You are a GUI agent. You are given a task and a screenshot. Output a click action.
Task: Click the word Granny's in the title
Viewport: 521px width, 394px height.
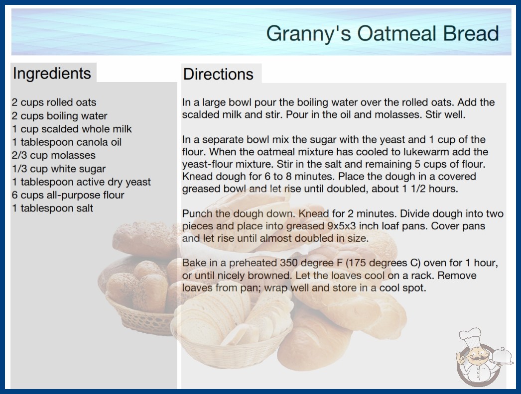pos(309,34)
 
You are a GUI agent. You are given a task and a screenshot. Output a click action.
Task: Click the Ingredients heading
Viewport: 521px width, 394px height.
pos(52,74)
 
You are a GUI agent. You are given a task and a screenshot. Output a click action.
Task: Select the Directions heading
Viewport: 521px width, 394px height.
pos(218,74)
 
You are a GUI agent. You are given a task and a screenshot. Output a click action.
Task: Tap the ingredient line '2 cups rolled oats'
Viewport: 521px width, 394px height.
pos(54,102)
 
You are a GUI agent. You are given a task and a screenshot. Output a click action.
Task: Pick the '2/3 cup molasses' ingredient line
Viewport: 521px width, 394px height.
pos(53,155)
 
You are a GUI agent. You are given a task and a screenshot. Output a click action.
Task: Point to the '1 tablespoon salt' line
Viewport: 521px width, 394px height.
pos(52,208)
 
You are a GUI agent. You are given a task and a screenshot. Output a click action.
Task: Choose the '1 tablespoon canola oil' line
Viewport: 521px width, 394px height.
pos(67,142)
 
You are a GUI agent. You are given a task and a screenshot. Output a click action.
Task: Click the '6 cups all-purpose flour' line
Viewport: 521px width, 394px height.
pos(68,195)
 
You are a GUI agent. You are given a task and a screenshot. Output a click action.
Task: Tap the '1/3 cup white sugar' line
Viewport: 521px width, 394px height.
pos(58,169)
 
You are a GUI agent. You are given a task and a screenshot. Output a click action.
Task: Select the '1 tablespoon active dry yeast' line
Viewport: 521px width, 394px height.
pos(81,182)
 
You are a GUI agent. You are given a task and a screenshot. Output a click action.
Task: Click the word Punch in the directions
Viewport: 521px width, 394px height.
pos(197,213)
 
